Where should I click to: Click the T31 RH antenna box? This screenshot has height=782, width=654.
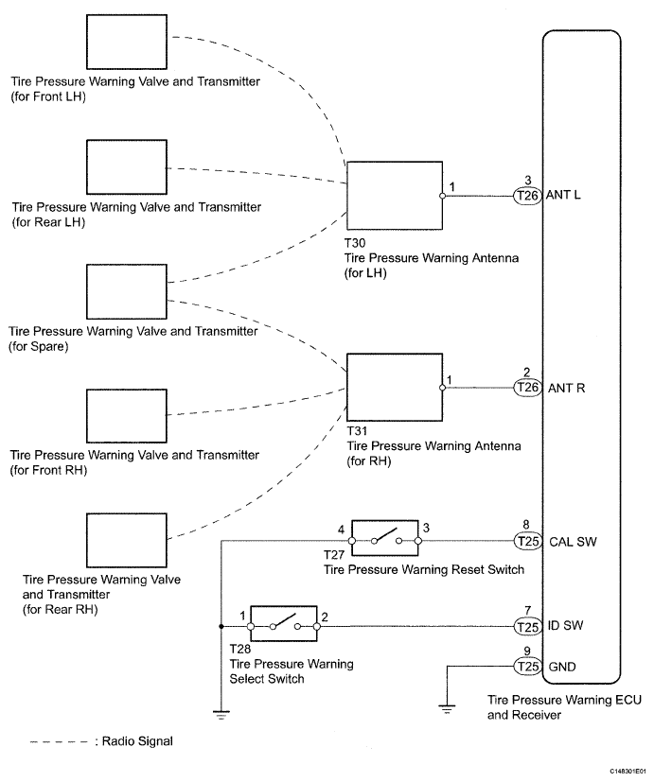pos(395,387)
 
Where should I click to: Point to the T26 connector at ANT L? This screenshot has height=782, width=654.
pos(526,196)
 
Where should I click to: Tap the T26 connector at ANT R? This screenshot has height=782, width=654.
pos(526,388)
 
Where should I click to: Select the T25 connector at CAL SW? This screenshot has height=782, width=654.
pos(526,542)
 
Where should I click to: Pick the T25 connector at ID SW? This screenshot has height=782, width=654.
pos(526,626)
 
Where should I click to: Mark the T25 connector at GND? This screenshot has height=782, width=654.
pos(526,667)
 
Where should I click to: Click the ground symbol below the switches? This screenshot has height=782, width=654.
pos(221,714)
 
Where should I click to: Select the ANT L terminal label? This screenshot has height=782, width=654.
pos(565,196)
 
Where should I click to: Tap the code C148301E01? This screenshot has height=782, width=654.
pos(618,772)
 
